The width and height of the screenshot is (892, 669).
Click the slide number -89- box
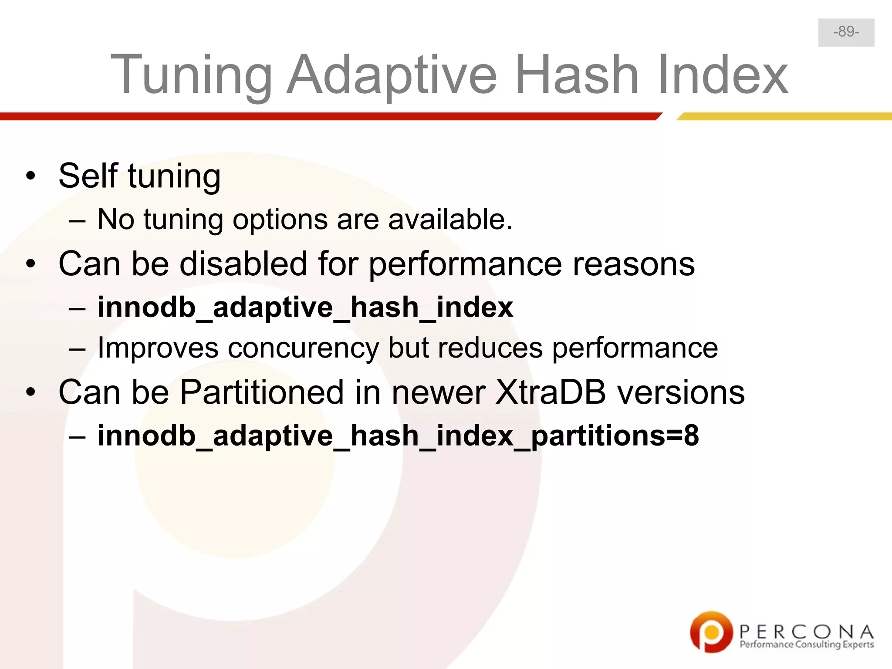pos(846,32)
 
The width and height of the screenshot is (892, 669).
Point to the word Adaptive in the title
pos(392,75)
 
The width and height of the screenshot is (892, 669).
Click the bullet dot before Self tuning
pos(30,176)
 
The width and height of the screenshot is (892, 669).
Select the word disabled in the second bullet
pos(243,264)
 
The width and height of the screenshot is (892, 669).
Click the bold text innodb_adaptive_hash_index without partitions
pos(305,307)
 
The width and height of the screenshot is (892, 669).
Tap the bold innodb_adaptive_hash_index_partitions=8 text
pos(398,436)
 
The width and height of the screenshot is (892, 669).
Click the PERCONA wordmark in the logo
pos(806,631)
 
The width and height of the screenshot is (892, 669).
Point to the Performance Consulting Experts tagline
pos(806,645)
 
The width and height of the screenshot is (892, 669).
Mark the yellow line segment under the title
pos(784,116)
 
